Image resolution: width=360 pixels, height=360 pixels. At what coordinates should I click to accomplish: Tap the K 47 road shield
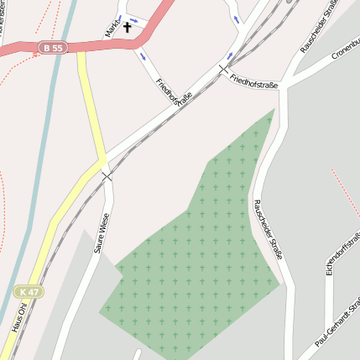[27, 290]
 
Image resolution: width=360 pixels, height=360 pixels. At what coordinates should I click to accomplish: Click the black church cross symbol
[128, 28]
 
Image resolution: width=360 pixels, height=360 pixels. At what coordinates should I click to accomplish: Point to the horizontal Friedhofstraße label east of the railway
[253, 80]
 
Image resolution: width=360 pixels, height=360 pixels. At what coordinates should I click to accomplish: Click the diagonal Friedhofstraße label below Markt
[174, 96]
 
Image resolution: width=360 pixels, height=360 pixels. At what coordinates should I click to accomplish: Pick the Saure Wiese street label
[102, 232]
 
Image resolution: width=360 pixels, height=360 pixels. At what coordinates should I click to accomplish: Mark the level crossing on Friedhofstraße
[224, 68]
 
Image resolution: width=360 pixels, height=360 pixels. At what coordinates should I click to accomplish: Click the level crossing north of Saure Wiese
[107, 175]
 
